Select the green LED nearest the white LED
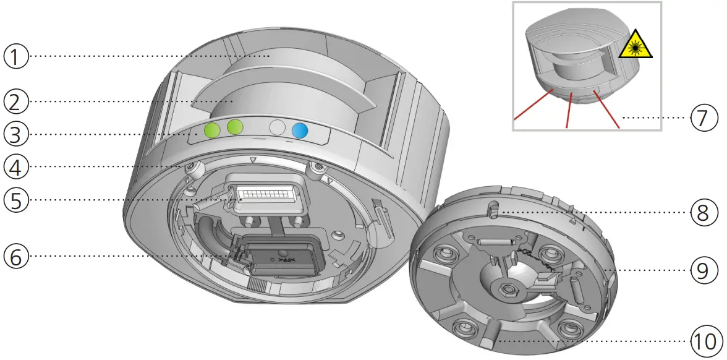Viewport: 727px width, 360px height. click(x=235, y=128)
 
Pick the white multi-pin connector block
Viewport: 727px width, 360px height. click(x=265, y=197)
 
